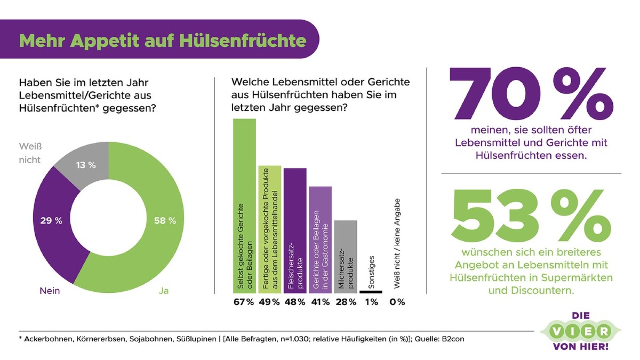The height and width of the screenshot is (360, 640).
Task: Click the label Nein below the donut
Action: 50,291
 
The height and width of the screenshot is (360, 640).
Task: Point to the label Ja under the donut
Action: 163,291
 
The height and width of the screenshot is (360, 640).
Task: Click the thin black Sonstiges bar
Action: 371,292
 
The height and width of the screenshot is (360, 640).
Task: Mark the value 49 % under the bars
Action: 269,302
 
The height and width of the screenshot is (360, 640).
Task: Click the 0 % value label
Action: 397,302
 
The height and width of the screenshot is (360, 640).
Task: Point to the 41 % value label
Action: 320,302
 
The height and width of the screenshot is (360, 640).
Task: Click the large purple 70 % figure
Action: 530,94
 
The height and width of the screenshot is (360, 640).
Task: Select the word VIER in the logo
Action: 581,331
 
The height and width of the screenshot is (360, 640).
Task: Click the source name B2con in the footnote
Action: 453,339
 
